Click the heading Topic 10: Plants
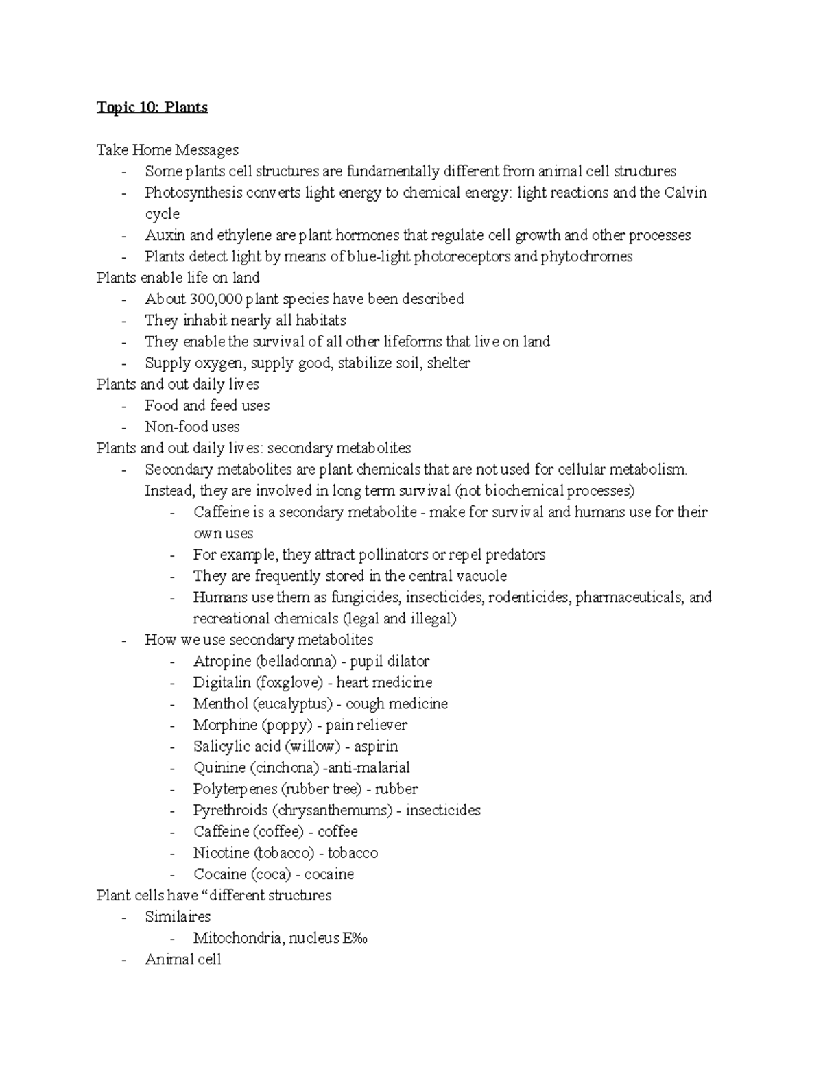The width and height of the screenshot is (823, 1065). [x=152, y=108]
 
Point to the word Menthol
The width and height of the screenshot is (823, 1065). [x=220, y=704]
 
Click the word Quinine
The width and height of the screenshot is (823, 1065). [x=219, y=767]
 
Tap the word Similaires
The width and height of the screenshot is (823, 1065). [x=178, y=916]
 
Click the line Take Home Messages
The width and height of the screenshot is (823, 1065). [x=167, y=149]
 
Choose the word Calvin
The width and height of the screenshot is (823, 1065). [x=685, y=193]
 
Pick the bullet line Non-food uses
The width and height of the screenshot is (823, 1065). [x=192, y=427]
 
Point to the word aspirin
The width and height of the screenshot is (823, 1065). [x=376, y=746]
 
